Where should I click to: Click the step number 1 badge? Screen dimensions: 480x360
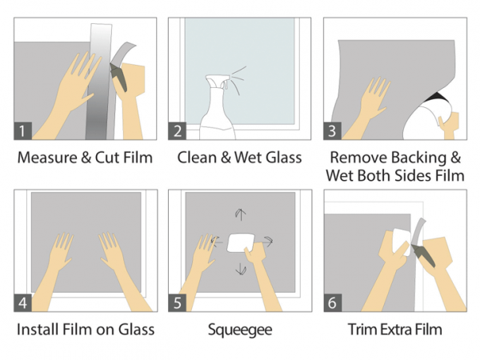point(23,130)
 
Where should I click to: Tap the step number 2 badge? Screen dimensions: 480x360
point(178,130)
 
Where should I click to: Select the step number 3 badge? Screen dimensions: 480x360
point(333,130)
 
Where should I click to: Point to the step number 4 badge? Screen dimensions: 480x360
point(23,302)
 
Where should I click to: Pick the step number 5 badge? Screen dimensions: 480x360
point(178,302)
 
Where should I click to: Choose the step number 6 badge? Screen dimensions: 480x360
point(333,302)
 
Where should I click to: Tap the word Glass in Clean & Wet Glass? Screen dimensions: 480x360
point(283,158)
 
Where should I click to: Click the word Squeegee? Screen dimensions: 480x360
point(240,330)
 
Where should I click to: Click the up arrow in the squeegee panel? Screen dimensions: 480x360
point(241,214)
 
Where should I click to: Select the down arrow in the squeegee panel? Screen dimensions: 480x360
point(241,269)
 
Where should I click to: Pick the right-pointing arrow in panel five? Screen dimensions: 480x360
point(267,242)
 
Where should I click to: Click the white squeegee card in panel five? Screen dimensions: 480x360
point(240,242)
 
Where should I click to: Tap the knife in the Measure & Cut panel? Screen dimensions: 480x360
point(118,77)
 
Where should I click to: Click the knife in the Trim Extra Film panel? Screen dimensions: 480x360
point(422,255)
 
